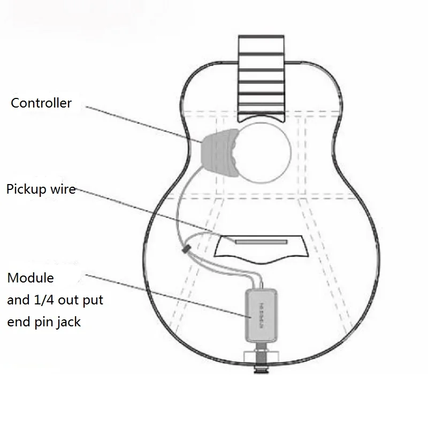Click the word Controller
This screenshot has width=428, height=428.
point(41,103)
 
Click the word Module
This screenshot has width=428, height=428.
point(30,278)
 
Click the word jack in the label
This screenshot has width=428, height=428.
point(69,323)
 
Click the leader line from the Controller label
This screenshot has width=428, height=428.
point(144,124)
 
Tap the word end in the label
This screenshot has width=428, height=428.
point(20,323)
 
